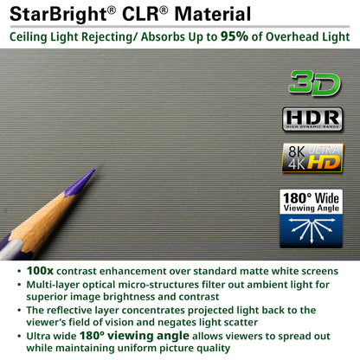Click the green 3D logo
coord(312,83)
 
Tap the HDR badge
coord(312,119)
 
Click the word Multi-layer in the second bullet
coord(55,284)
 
